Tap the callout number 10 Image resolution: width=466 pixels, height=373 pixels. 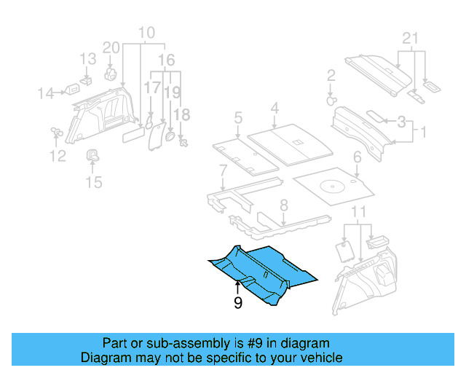[x=146, y=33]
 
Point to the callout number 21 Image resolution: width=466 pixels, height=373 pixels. [x=411, y=39]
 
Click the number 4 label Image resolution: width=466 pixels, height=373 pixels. [x=275, y=109]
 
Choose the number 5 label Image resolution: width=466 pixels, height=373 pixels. [x=237, y=117]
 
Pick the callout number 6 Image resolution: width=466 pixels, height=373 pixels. [x=357, y=157]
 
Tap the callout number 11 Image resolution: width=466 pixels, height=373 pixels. [x=357, y=212]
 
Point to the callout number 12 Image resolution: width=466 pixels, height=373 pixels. [x=57, y=155]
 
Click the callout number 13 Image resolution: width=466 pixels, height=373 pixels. [x=87, y=59]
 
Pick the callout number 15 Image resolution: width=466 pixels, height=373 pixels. [x=95, y=181]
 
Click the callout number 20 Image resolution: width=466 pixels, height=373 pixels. [x=111, y=48]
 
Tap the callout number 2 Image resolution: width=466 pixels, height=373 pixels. [x=331, y=75]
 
